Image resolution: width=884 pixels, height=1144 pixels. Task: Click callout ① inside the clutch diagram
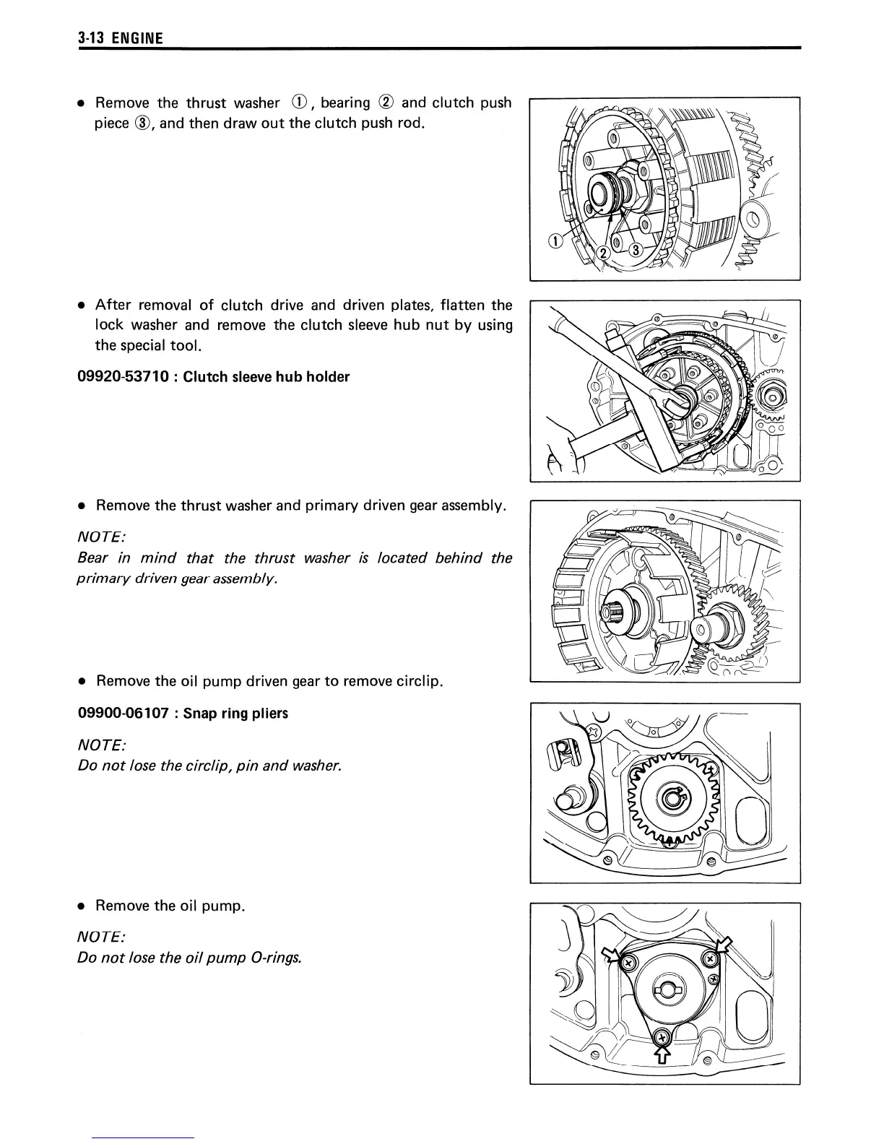tap(555, 242)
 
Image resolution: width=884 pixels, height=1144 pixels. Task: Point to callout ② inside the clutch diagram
tap(602, 251)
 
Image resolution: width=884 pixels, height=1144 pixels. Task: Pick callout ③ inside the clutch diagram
tap(635, 250)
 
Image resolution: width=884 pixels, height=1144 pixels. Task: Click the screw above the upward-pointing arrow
tap(660, 1038)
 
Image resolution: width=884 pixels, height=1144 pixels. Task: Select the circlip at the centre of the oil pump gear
tap(672, 800)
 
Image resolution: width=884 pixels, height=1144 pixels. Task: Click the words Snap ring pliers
tap(235, 714)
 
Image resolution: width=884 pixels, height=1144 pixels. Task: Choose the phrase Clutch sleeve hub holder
tap(266, 376)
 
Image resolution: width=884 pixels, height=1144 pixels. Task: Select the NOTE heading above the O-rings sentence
tap(101, 937)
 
